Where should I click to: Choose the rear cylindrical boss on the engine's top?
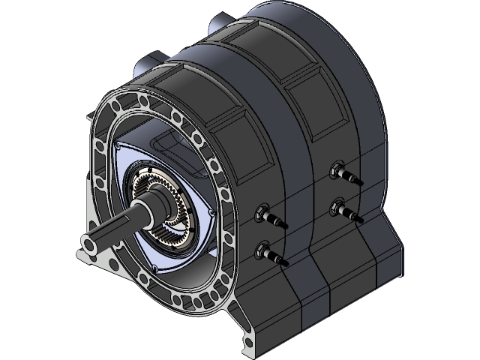click(225, 22)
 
